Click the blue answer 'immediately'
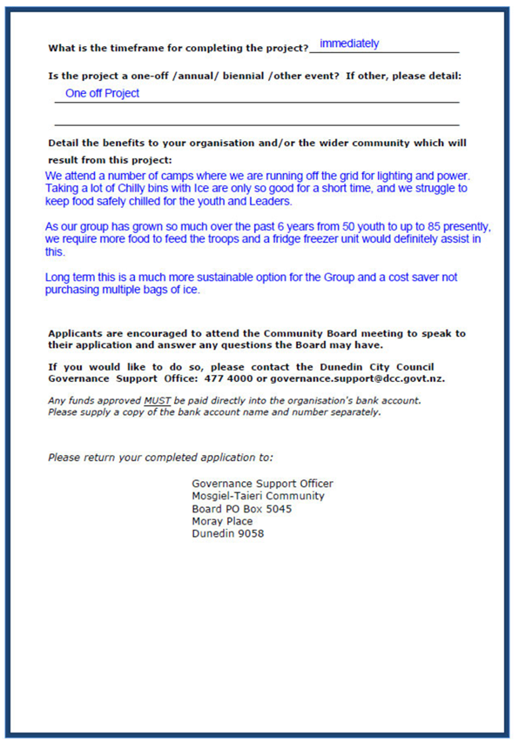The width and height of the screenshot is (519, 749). (349, 43)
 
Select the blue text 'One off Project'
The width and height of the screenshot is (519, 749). (102, 93)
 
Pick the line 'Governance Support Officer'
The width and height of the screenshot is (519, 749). (262, 484)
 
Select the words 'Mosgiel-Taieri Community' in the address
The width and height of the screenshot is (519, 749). (258, 496)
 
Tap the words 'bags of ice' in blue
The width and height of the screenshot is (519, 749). (172, 290)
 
